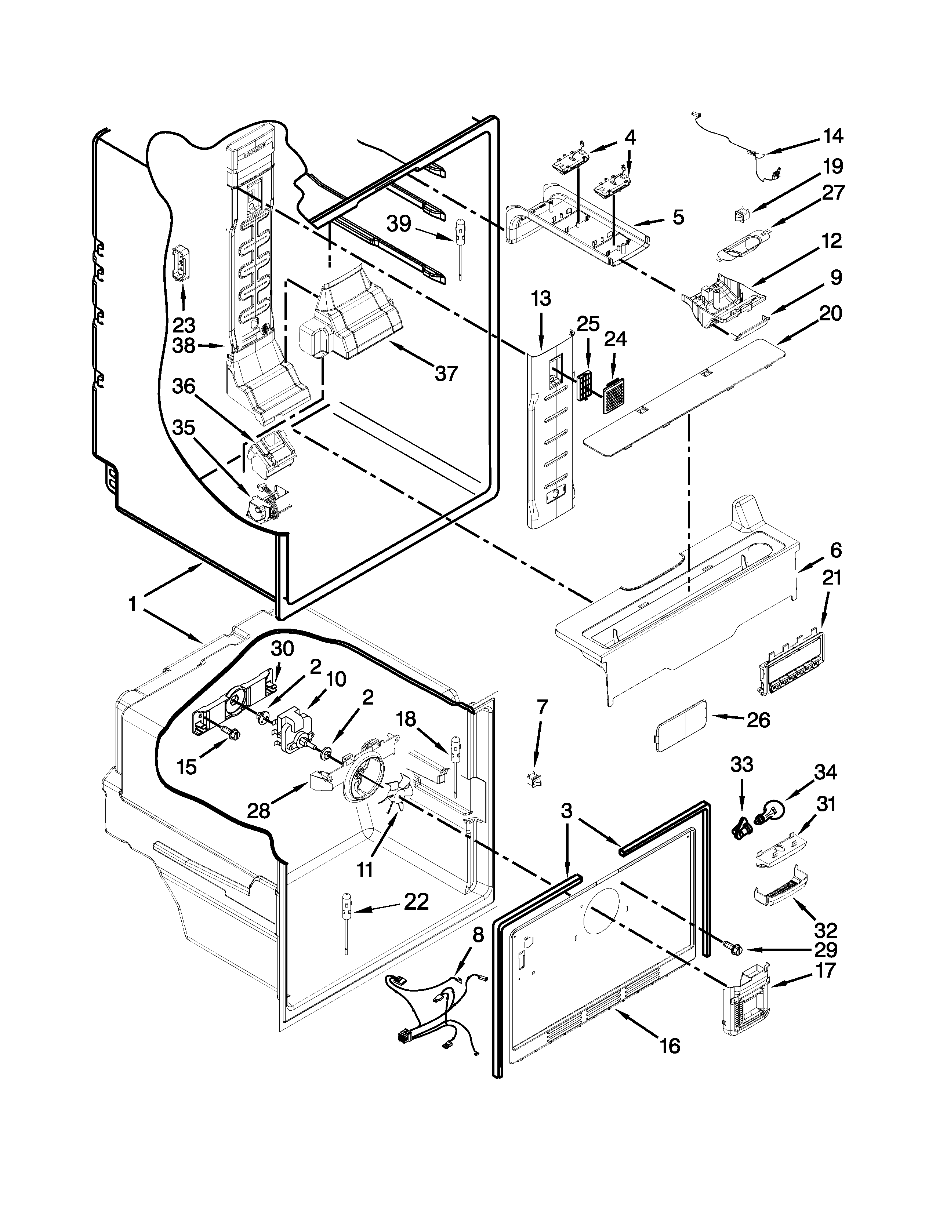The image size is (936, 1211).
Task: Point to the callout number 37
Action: (x=446, y=373)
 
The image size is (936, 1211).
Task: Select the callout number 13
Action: (x=541, y=299)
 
